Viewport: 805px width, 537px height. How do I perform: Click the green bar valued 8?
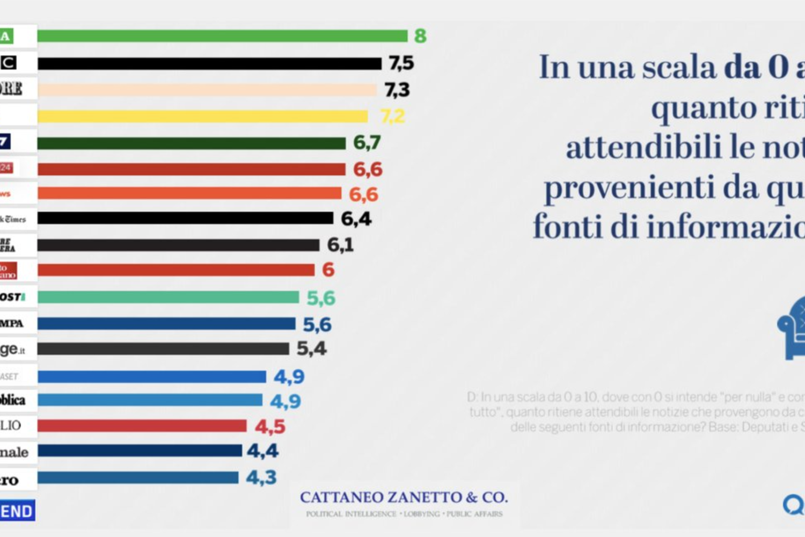(x=222, y=36)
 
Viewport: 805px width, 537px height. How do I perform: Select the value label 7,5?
(x=401, y=63)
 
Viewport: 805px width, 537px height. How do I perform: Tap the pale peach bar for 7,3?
(x=207, y=90)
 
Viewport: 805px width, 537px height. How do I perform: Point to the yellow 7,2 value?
(x=392, y=116)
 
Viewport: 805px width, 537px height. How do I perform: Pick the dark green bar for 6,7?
(x=192, y=143)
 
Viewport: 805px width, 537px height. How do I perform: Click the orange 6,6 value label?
(x=363, y=194)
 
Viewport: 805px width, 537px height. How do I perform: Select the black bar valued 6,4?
(x=185, y=218)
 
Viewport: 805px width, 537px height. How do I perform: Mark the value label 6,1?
(x=340, y=245)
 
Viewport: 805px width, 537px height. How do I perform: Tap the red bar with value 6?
(x=176, y=270)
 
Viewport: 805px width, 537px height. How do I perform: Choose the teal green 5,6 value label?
(x=321, y=298)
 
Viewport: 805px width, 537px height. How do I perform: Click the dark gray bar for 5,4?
(x=163, y=349)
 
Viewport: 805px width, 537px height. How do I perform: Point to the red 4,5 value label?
(x=270, y=427)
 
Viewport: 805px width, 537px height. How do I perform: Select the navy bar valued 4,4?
(x=140, y=451)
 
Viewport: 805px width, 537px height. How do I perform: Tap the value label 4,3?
(x=261, y=477)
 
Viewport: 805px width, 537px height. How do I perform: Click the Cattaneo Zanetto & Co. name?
(x=404, y=497)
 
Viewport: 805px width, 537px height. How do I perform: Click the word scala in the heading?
(x=679, y=68)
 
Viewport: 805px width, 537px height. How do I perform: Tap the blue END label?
(x=17, y=511)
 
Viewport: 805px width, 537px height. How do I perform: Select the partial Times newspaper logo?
(x=14, y=219)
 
